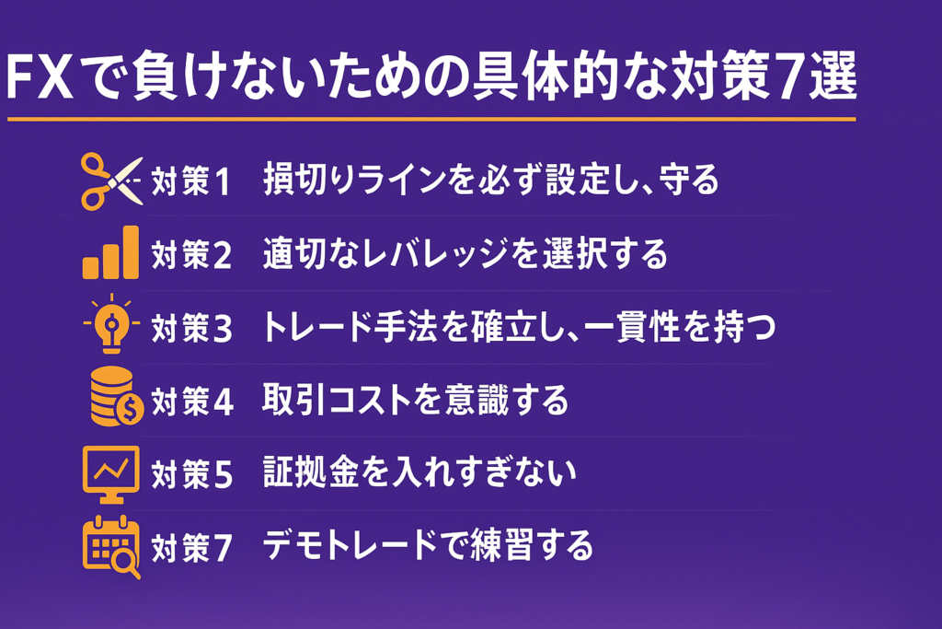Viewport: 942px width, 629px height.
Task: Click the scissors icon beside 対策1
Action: pos(111,181)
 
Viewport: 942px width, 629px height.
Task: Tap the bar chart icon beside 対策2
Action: pos(110,252)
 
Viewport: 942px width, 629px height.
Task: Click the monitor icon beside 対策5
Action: pos(110,474)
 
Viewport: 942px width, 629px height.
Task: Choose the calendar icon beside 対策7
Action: pos(111,547)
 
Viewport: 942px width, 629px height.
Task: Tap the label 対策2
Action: pos(191,254)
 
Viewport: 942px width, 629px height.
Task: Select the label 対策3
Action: pos(191,329)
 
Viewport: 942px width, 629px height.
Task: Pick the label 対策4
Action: pos(192,402)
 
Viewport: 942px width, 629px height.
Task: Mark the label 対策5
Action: pos(191,474)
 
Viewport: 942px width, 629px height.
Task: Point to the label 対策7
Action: pos(191,548)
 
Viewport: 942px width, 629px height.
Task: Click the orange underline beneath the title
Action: pos(431,119)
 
